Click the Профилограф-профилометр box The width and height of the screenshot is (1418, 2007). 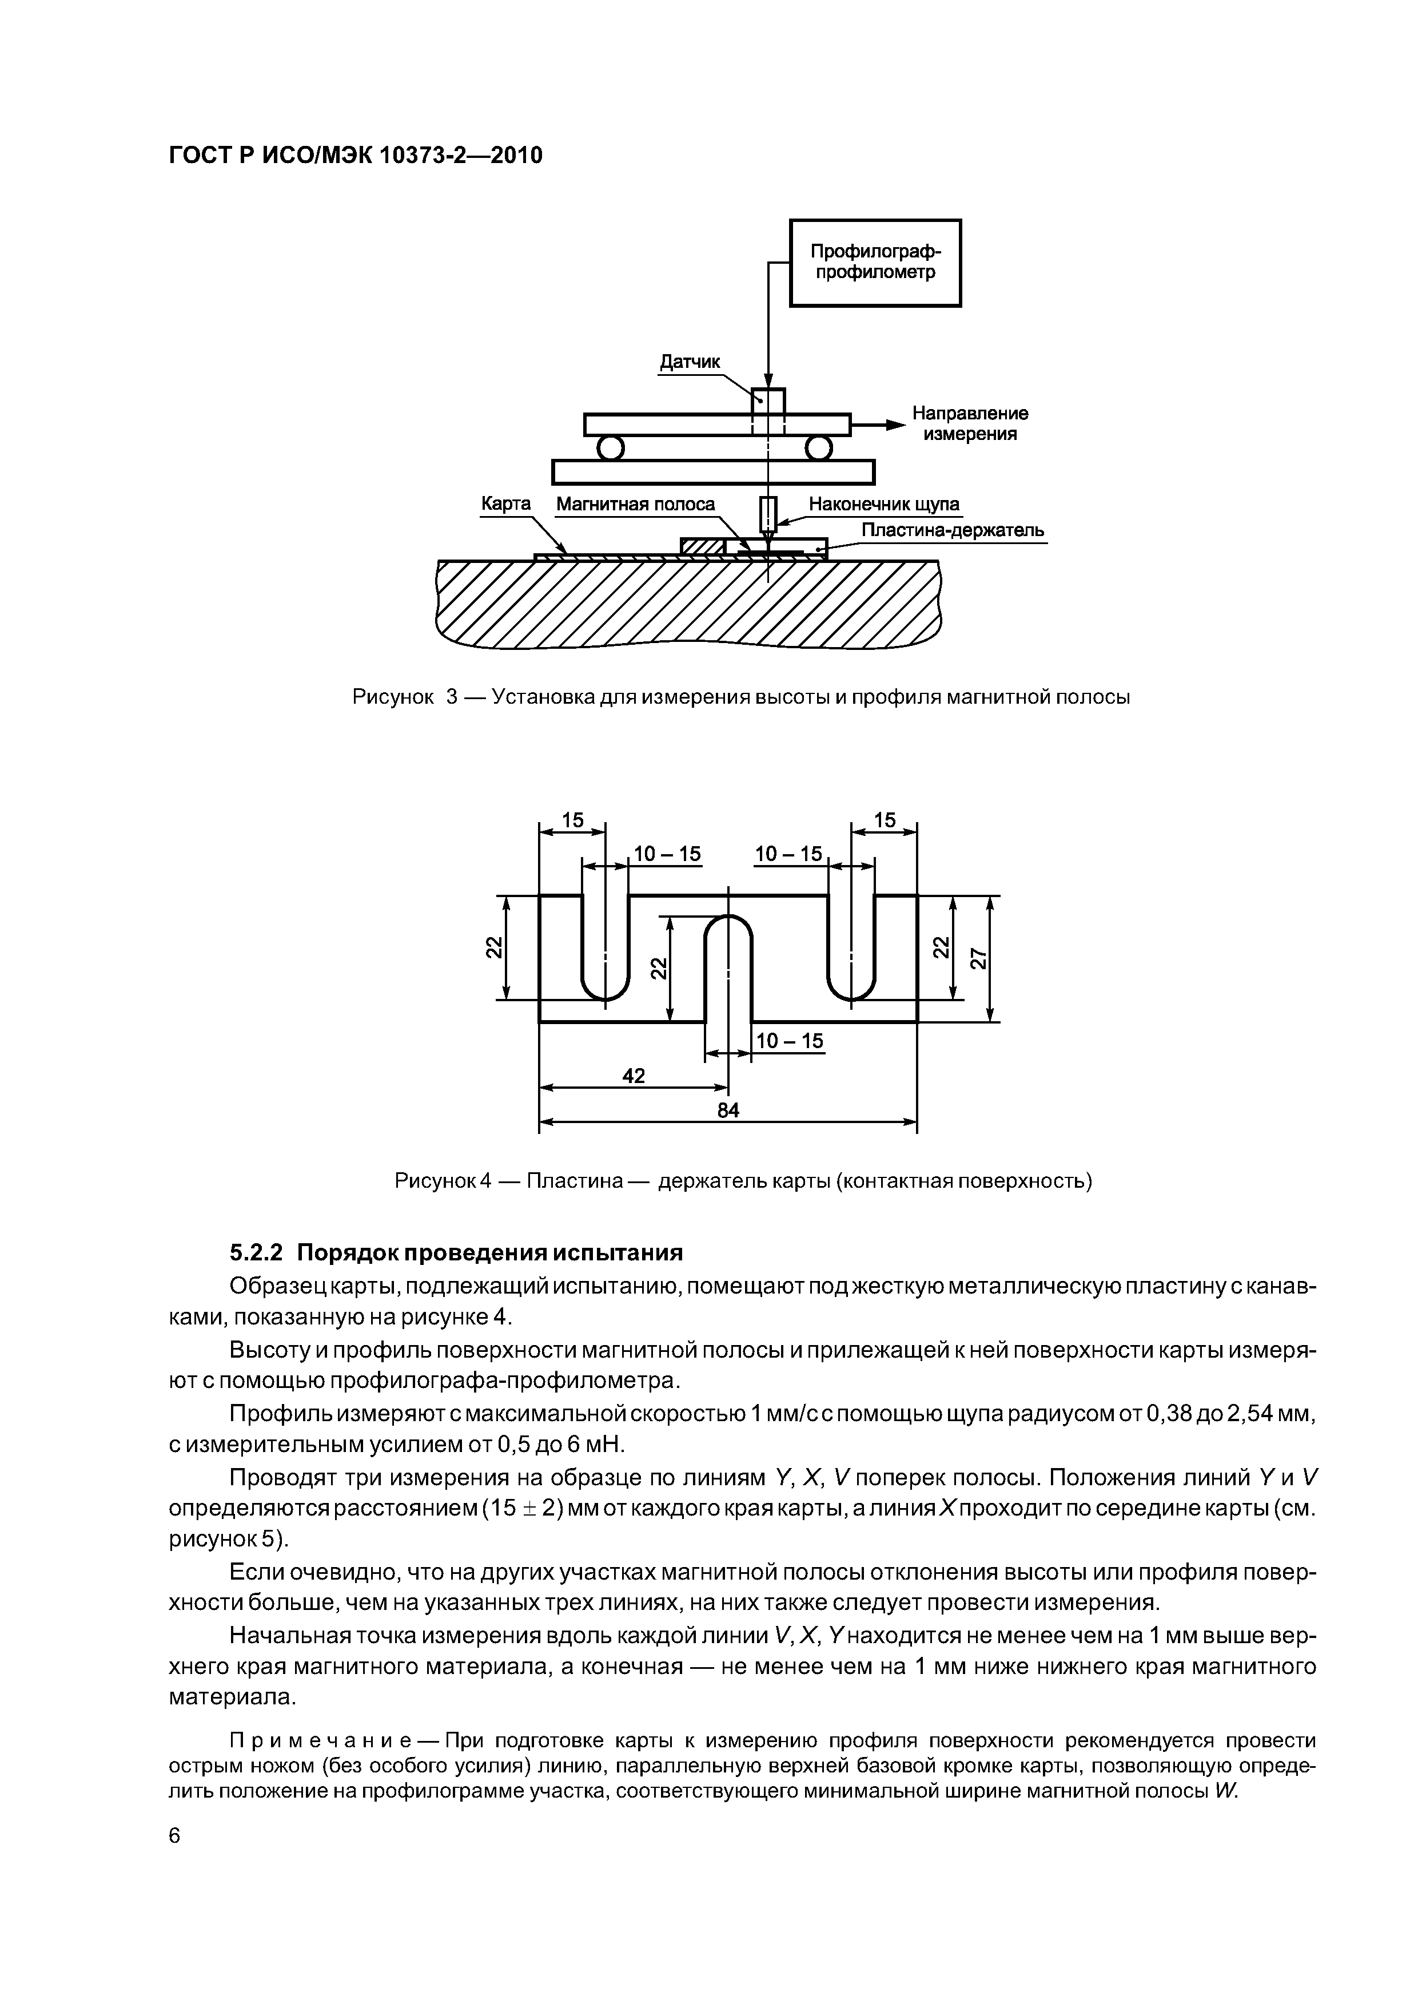875,262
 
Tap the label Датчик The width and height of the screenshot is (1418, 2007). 690,361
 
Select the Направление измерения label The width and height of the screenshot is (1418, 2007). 970,423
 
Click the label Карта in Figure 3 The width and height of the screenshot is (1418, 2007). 506,505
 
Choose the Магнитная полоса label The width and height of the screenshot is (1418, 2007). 635,505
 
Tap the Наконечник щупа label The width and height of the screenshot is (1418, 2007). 883,505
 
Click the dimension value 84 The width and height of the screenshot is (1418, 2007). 728,1110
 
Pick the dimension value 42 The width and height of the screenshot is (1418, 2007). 634,1076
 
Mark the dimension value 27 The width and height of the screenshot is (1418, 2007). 978,958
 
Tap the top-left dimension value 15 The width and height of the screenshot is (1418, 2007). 572,820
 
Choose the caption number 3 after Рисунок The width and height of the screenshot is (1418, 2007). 453,697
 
